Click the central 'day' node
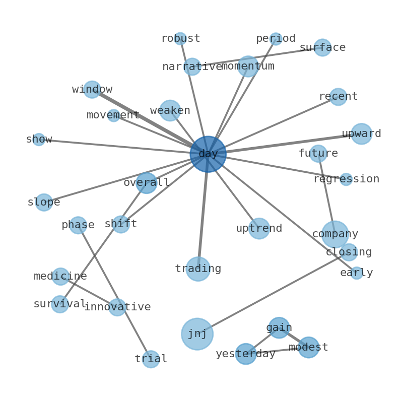(x=208, y=154)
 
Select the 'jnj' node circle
(x=197, y=334)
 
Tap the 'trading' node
(x=198, y=269)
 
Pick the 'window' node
(x=92, y=89)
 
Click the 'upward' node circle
(x=362, y=134)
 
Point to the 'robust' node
(x=180, y=38)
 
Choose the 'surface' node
(x=322, y=47)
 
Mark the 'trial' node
(x=151, y=359)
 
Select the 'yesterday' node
(x=246, y=354)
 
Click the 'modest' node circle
(x=308, y=347)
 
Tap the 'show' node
(x=39, y=139)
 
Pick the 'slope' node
(x=44, y=202)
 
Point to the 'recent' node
(x=338, y=96)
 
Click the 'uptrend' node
(x=259, y=228)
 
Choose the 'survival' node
(x=60, y=304)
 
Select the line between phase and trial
(x=114, y=292)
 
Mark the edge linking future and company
(x=326, y=193)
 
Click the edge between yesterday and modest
(x=277, y=351)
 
